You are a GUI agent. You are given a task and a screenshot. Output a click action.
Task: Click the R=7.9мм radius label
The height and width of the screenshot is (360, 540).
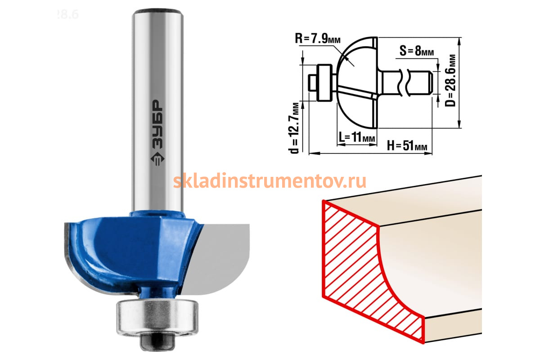(318, 38)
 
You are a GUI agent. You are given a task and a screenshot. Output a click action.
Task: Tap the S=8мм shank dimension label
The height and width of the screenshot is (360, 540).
(417, 50)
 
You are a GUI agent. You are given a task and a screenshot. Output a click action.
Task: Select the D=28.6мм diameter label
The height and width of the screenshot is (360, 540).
(450, 81)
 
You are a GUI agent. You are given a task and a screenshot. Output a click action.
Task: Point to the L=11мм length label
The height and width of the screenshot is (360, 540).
(357, 137)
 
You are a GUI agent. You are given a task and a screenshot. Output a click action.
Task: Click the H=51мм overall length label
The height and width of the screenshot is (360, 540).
(407, 145)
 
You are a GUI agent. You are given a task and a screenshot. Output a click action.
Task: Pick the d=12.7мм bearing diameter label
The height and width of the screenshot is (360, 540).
(293, 128)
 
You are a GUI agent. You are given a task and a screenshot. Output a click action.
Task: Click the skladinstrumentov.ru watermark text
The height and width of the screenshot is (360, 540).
(270, 181)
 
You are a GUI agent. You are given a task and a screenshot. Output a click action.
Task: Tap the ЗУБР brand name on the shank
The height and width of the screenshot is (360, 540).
(157, 124)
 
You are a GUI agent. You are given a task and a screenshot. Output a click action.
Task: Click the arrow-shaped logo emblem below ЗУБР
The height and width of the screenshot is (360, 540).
(157, 159)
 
